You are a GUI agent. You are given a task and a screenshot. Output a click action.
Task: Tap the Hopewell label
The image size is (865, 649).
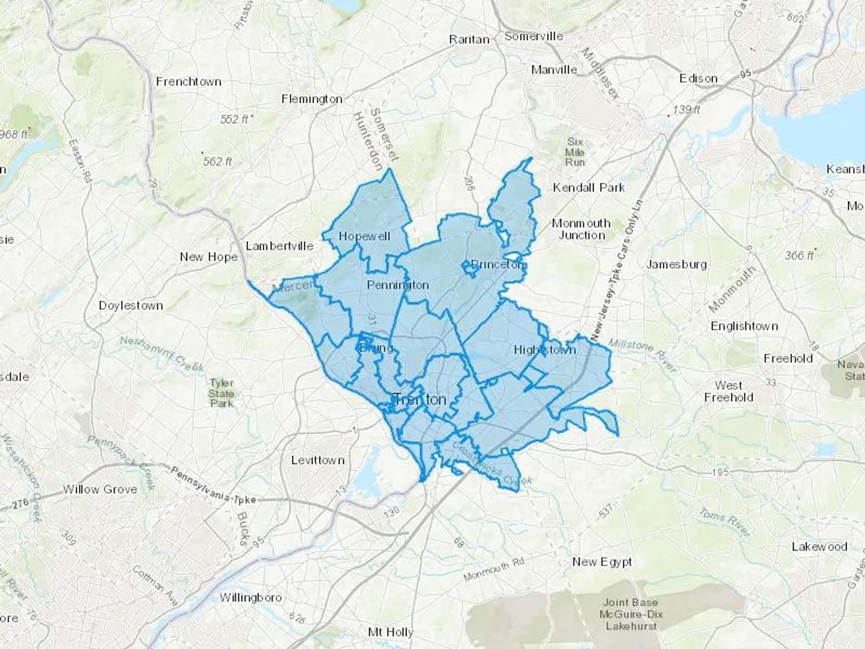pyautogui.click(x=364, y=236)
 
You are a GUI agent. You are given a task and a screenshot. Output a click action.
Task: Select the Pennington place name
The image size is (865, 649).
pyautogui.click(x=397, y=285)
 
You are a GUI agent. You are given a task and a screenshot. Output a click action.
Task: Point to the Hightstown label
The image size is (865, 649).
pyautogui.click(x=544, y=349)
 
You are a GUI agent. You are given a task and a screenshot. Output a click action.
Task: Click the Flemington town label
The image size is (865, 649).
pyautogui.click(x=312, y=99)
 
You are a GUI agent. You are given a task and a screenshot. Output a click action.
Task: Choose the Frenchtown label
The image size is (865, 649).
pyautogui.click(x=188, y=82)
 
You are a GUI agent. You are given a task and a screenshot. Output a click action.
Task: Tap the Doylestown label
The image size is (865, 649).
pyautogui.click(x=131, y=305)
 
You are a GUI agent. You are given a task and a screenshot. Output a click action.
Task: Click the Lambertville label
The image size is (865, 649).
pyautogui.click(x=279, y=246)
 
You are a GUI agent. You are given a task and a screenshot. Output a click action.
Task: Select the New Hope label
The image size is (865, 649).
pyautogui.click(x=209, y=257)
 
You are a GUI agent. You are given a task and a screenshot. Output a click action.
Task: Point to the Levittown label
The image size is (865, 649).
pyautogui.click(x=318, y=460)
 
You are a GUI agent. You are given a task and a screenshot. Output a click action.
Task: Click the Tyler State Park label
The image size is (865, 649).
pyautogui.click(x=222, y=393)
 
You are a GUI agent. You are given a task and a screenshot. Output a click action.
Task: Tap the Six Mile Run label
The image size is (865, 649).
pyautogui.click(x=575, y=152)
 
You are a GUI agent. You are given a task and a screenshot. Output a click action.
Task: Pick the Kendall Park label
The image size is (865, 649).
pyautogui.click(x=588, y=187)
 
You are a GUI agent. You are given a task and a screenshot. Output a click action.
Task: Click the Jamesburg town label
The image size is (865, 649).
pyautogui.click(x=676, y=264)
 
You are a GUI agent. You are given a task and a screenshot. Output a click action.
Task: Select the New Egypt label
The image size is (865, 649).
pyautogui.click(x=602, y=562)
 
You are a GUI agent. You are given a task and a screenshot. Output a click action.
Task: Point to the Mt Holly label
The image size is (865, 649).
pyautogui.click(x=390, y=632)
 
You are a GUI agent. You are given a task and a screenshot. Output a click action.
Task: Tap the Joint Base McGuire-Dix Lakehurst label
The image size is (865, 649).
pyautogui.click(x=630, y=614)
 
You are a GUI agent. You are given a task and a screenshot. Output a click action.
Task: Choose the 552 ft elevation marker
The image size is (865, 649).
pyautogui.click(x=235, y=119)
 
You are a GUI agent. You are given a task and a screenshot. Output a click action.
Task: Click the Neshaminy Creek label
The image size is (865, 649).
pyautogui.click(x=161, y=354)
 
